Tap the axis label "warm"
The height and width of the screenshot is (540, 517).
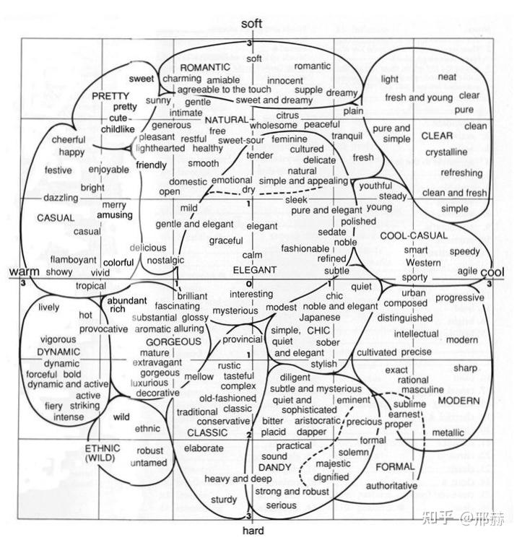(x=22, y=271)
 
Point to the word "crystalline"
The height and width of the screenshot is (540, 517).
(x=446, y=152)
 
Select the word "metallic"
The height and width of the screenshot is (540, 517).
(x=448, y=432)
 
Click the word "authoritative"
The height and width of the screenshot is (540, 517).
(x=391, y=486)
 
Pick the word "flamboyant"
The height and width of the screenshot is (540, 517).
(x=74, y=260)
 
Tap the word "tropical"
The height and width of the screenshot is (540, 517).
(x=90, y=286)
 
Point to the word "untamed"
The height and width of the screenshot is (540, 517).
(x=149, y=463)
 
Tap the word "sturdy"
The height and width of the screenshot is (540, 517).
(x=224, y=500)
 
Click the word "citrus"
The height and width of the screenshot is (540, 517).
(x=287, y=115)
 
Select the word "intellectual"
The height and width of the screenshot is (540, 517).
(x=417, y=334)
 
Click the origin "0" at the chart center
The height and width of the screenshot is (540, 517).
(x=248, y=284)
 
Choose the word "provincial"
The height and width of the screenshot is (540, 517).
(x=242, y=339)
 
